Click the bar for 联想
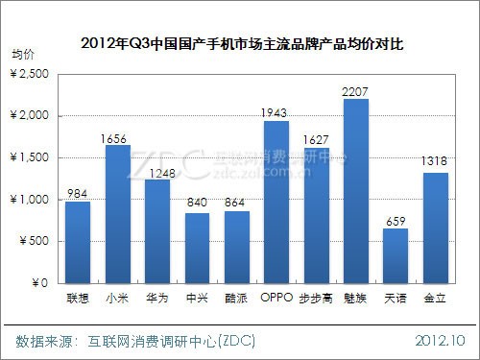pyautogui.click(x=79, y=243)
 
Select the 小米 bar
pyautogui.click(x=118, y=215)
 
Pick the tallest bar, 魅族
pyautogui.click(x=355, y=192)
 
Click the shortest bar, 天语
pyautogui.click(x=396, y=256)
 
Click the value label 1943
pyautogui.click(x=276, y=112)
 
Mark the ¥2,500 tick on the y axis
pyautogui.click(x=35, y=73)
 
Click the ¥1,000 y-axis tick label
pyautogui.click(x=35, y=200)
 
